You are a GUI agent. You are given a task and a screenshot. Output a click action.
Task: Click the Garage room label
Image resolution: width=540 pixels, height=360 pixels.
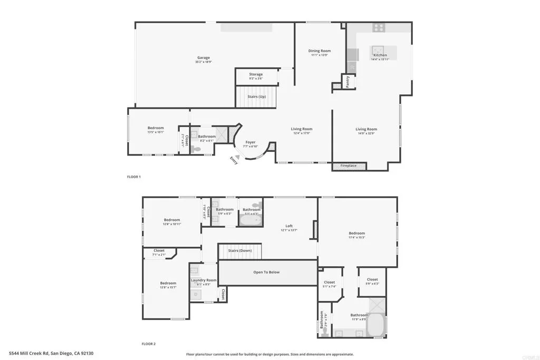[x=204, y=57]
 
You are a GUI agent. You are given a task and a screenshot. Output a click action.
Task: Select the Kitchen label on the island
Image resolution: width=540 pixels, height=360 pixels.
[x=380, y=55]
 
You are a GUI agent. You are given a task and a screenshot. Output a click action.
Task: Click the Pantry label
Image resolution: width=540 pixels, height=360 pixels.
[x=348, y=82]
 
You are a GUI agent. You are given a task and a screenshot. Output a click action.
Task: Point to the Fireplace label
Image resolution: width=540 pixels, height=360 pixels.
[x=348, y=166]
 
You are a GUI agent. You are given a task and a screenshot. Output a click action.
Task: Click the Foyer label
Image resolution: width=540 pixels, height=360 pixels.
[x=250, y=142]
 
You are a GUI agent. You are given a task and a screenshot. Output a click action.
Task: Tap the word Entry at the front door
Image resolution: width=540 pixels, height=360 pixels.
[x=234, y=160]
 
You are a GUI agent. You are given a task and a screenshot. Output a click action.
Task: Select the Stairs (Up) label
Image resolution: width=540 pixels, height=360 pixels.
[x=256, y=96]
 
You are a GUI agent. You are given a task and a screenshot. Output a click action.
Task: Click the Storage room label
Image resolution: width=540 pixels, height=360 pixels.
[x=256, y=74]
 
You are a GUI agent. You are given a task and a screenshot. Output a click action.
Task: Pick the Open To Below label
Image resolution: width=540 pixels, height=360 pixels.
[x=266, y=272]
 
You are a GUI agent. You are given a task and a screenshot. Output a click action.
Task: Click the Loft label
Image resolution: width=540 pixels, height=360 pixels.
[x=288, y=226]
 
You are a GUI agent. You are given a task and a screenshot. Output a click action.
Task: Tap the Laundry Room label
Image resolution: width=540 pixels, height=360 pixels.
[x=204, y=280]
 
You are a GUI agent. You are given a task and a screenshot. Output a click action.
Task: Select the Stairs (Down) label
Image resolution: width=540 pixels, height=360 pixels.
[x=240, y=250]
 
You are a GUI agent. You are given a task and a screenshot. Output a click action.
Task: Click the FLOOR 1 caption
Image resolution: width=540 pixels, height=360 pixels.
[x=134, y=177]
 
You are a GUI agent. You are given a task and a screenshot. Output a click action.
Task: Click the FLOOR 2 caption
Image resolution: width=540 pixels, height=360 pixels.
[x=148, y=344]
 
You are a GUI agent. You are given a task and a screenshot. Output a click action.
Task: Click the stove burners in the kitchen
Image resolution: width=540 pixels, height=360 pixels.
[x=379, y=27]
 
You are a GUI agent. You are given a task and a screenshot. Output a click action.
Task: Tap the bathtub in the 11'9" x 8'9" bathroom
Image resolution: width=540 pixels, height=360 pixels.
[x=375, y=325]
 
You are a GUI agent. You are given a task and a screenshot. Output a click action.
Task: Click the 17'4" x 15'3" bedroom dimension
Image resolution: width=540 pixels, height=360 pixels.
[x=357, y=238]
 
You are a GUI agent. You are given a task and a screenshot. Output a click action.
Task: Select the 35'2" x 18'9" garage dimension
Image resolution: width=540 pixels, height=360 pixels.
[x=204, y=62]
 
